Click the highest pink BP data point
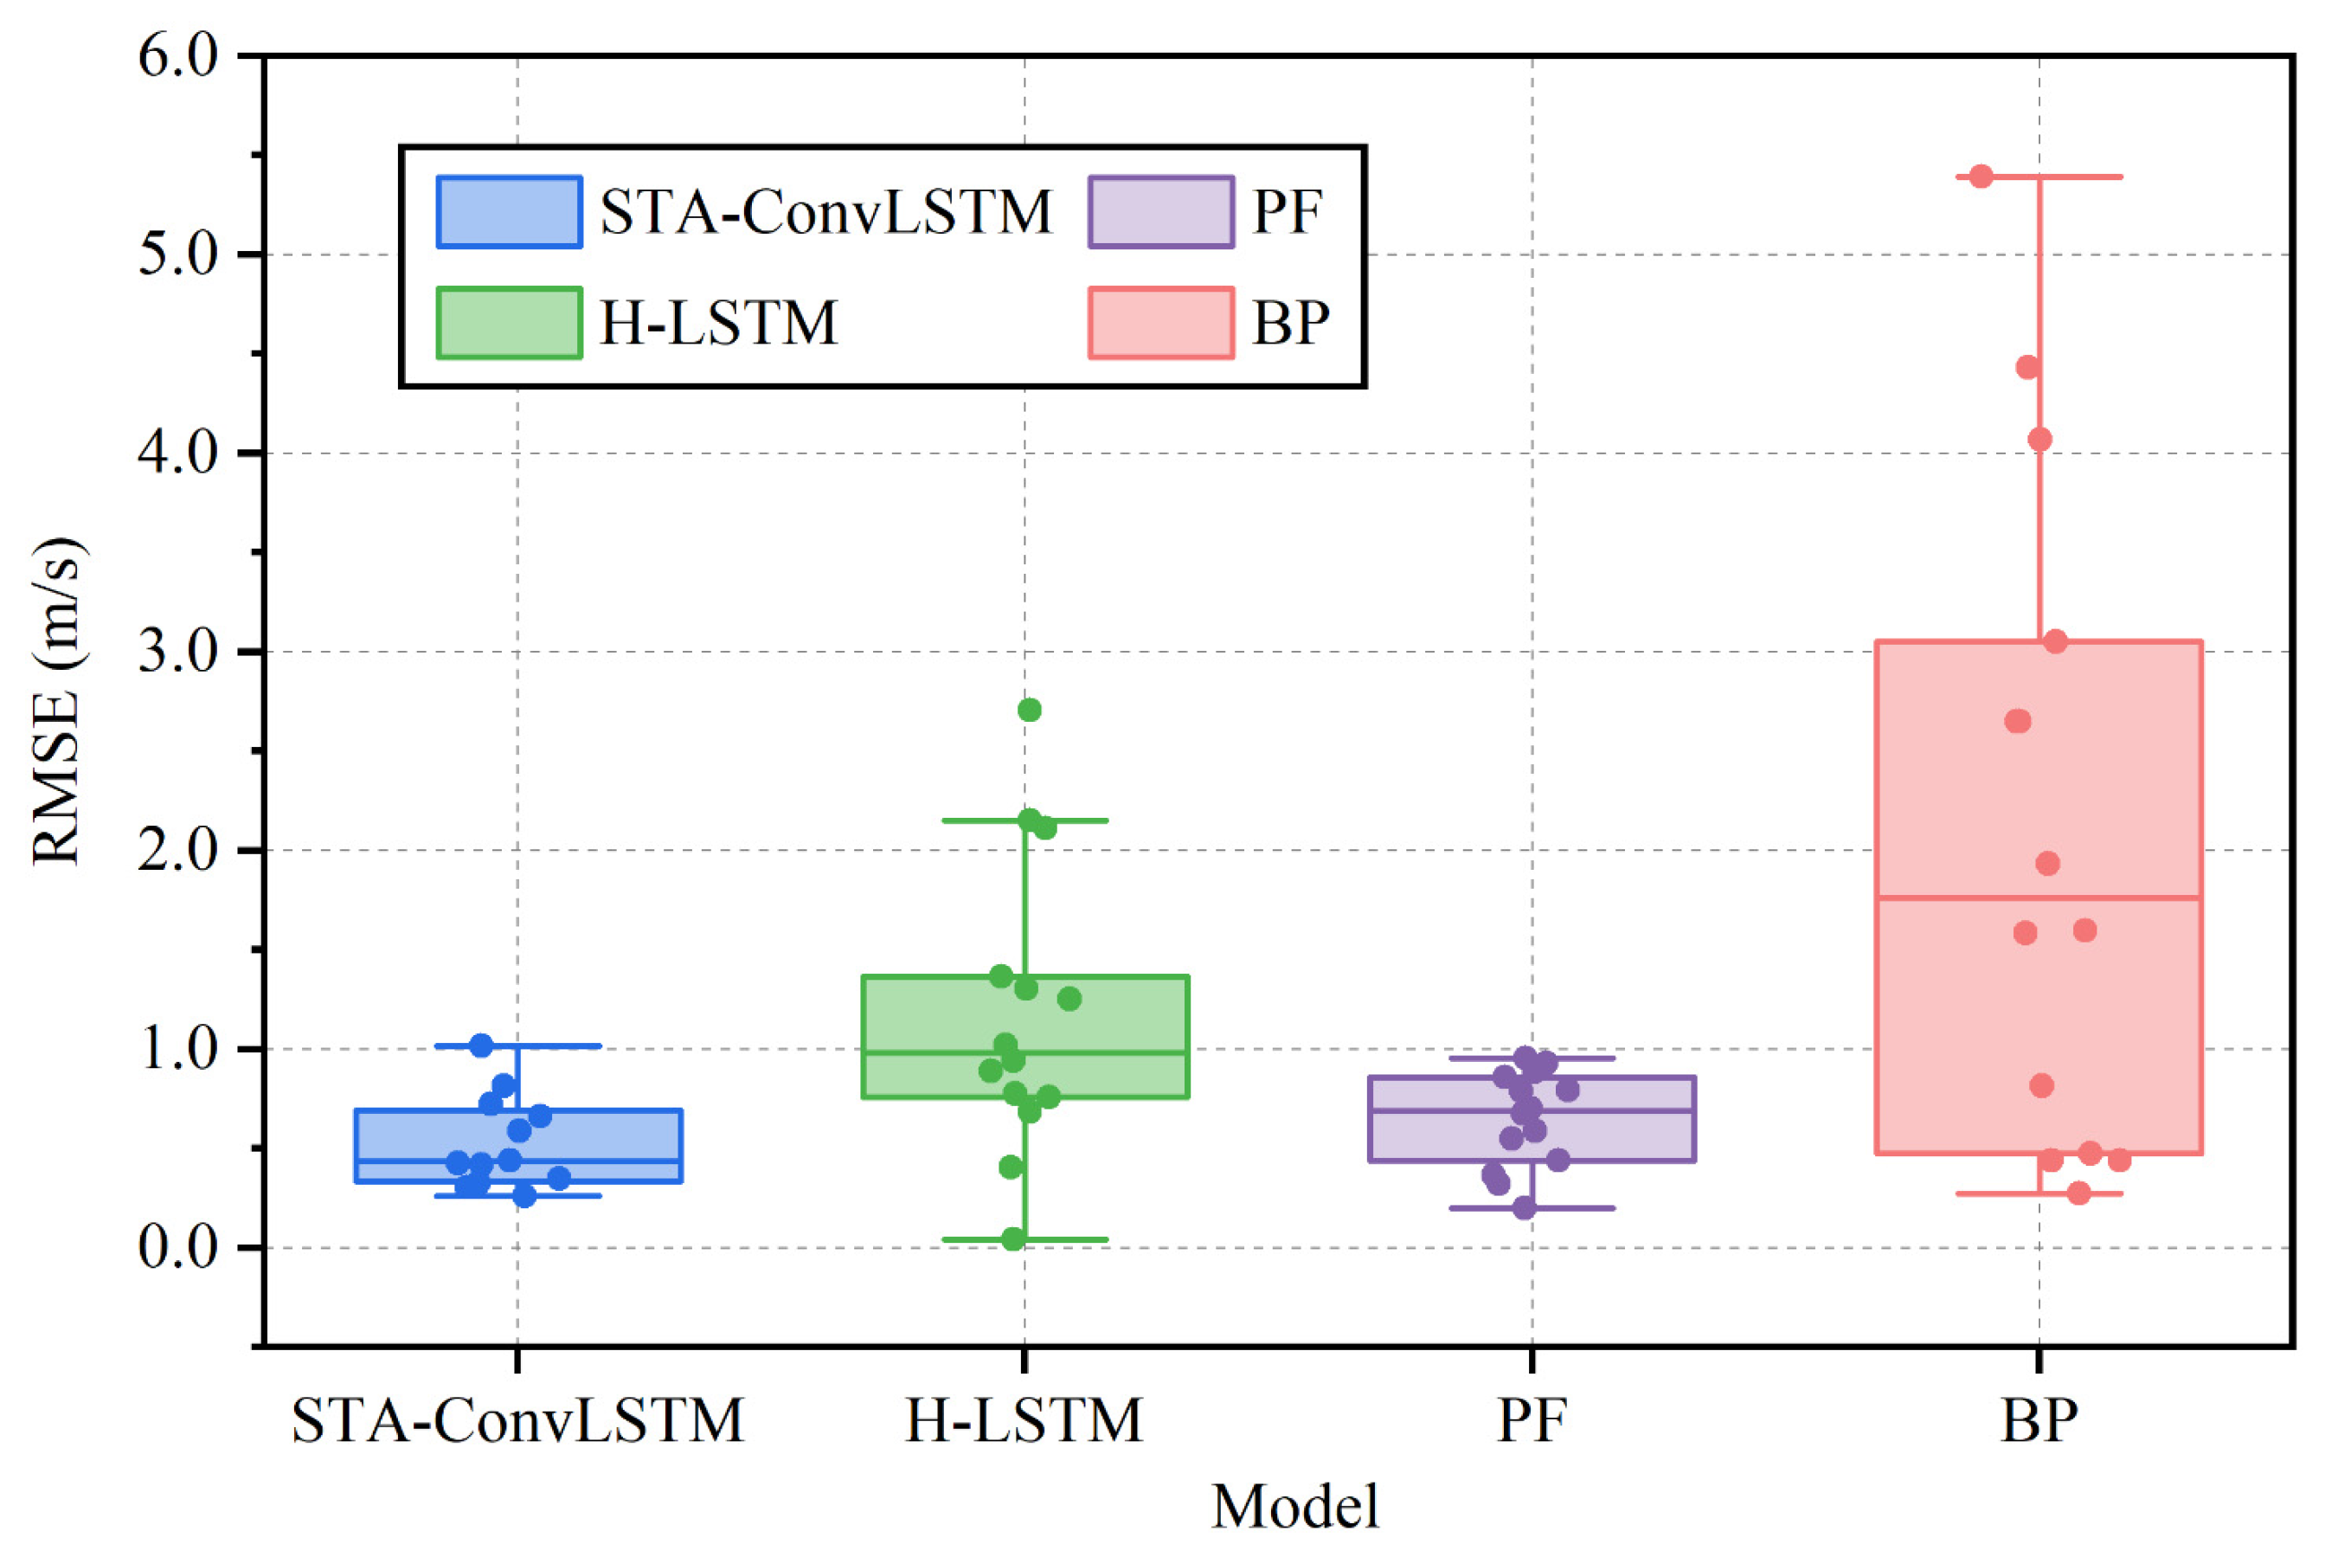[1981, 177]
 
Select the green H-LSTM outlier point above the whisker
[1030, 710]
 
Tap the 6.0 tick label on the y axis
[179, 55]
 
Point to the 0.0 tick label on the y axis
[179, 1247]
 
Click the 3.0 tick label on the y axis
[179, 653]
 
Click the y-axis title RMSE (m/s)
[55, 701]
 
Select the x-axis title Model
[1294, 1506]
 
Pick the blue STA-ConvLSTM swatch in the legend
[510, 211]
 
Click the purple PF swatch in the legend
[1160, 211]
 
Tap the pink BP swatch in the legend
[1160, 323]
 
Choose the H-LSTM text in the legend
[719, 323]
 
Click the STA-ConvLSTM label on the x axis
[517, 1421]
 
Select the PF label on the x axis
[1532, 1421]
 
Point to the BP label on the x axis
[2038, 1421]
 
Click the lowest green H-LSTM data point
[1013, 1239]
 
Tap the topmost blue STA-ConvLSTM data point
[481, 1045]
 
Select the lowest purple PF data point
[1525, 1207]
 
